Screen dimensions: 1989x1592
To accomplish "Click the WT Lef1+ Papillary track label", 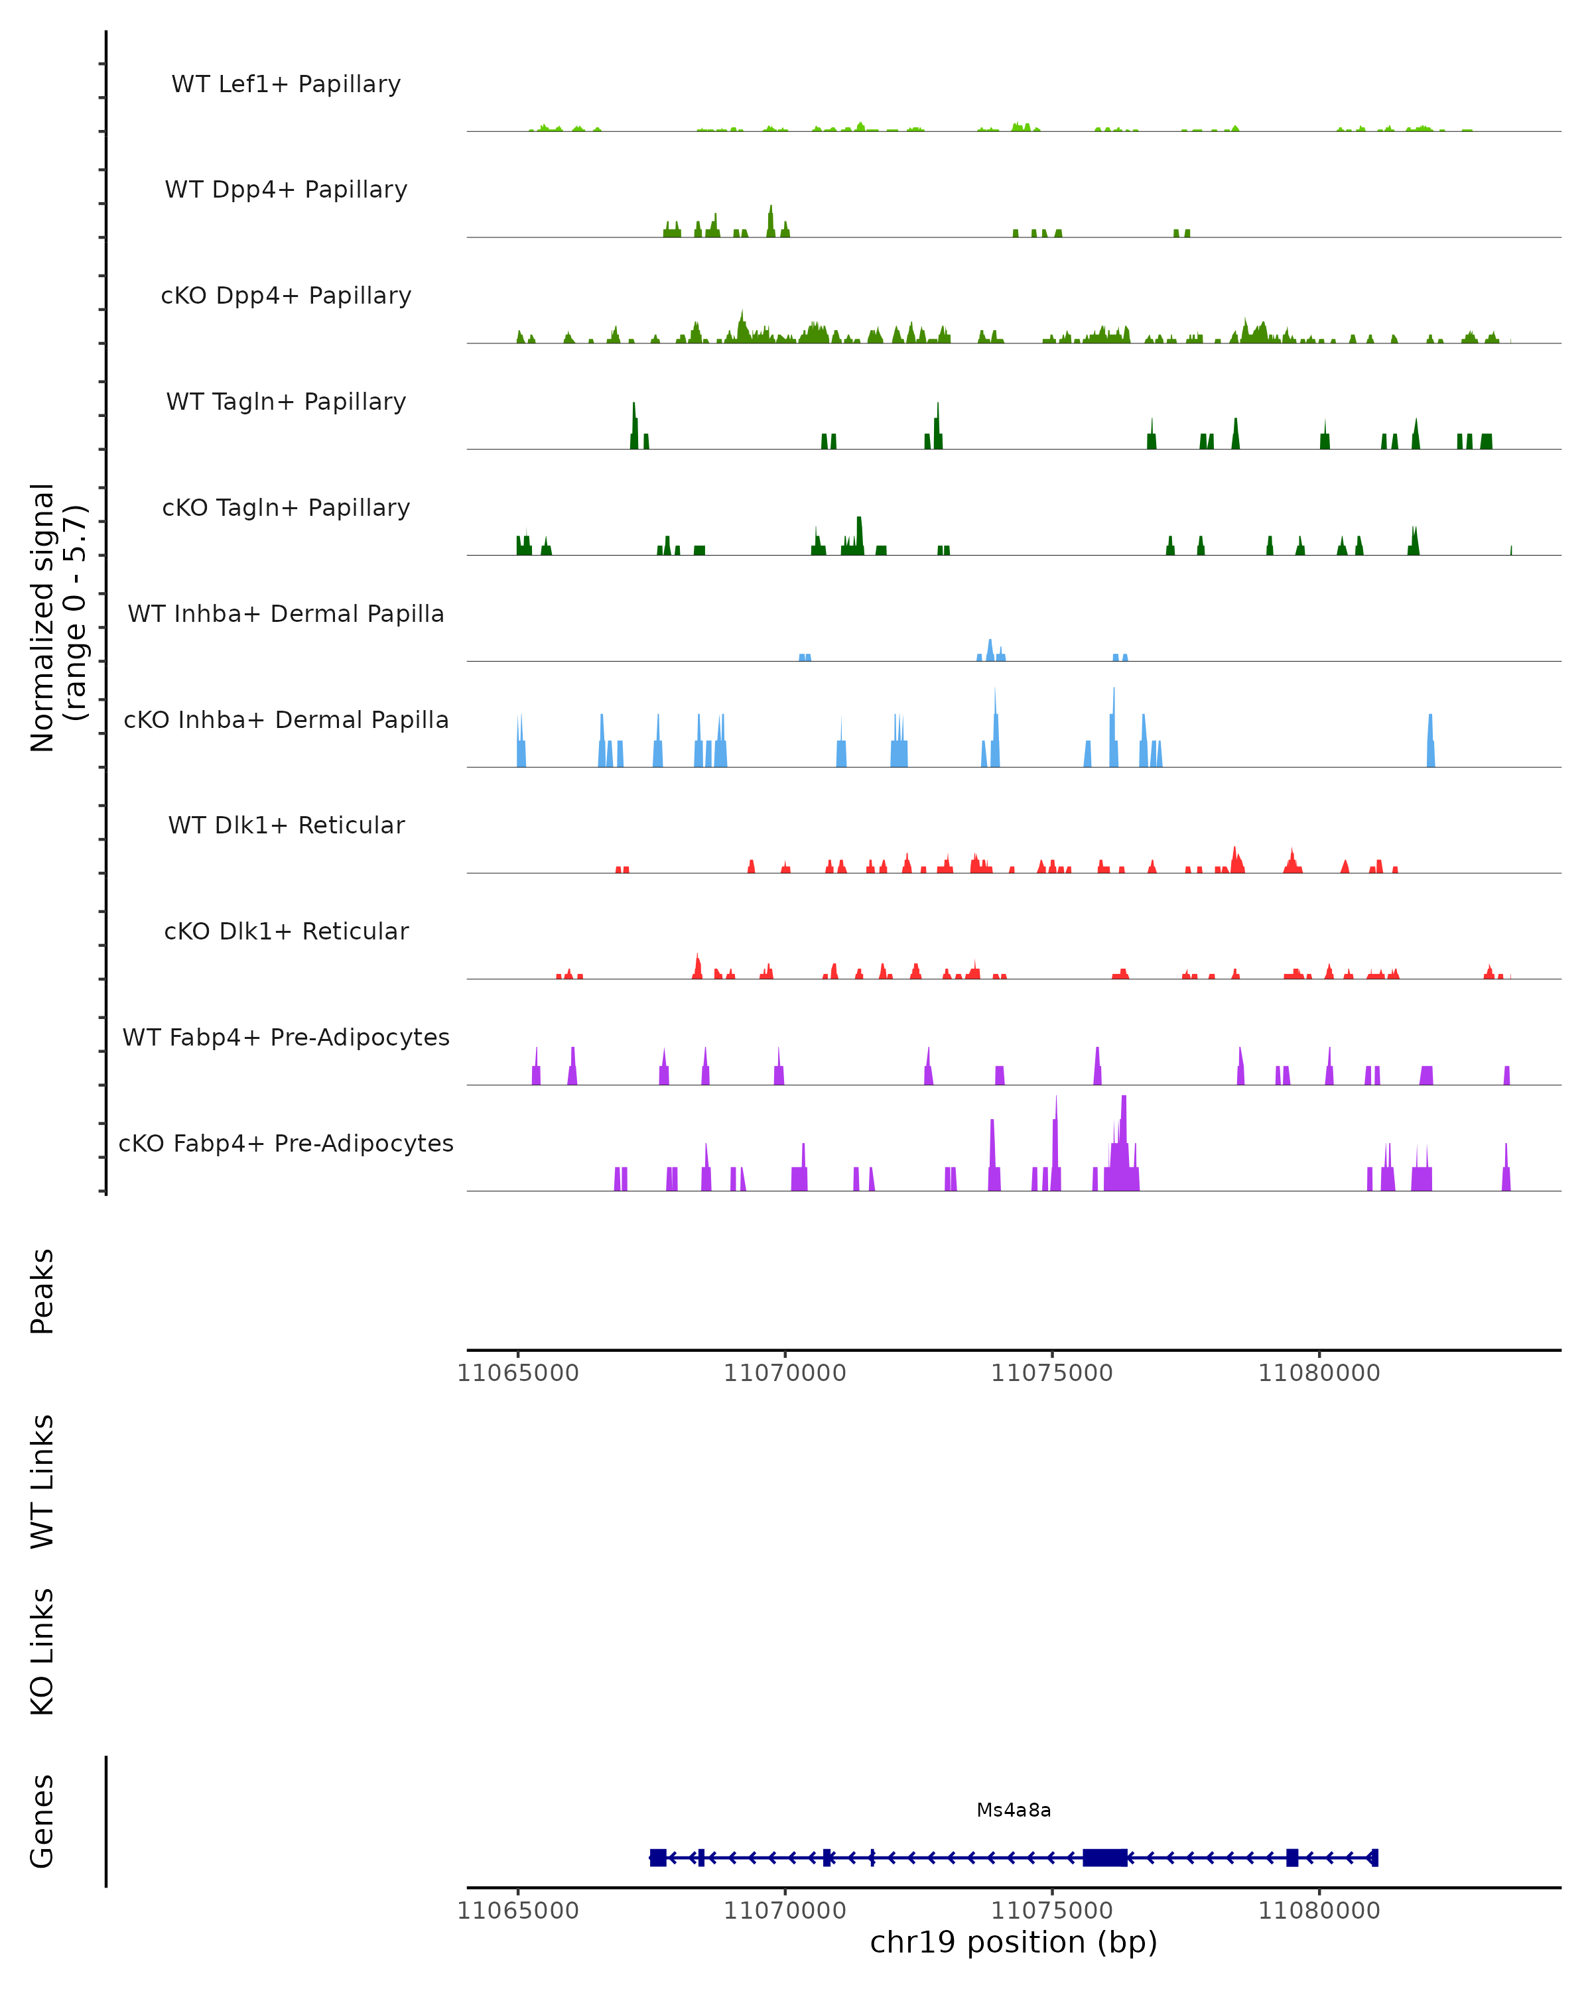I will click(286, 84).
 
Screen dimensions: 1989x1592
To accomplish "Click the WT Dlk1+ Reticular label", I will click(286, 825).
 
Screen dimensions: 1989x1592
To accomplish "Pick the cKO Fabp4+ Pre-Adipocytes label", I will click(286, 1143).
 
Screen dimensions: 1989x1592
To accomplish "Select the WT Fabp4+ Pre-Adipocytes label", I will click(286, 1037).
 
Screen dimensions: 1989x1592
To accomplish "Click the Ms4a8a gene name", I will click(1014, 1810).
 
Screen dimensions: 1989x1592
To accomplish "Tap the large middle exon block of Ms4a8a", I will click(1104, 1857).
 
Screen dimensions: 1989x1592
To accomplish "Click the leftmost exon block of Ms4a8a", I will click(658, 1857).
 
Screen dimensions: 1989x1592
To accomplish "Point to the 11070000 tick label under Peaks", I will click(785, 1373).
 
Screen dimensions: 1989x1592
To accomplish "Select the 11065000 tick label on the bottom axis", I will click(518, 1911).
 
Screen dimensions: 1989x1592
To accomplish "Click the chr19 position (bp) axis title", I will click(1014, 1942).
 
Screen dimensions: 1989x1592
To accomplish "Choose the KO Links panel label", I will click(42, 1652).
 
